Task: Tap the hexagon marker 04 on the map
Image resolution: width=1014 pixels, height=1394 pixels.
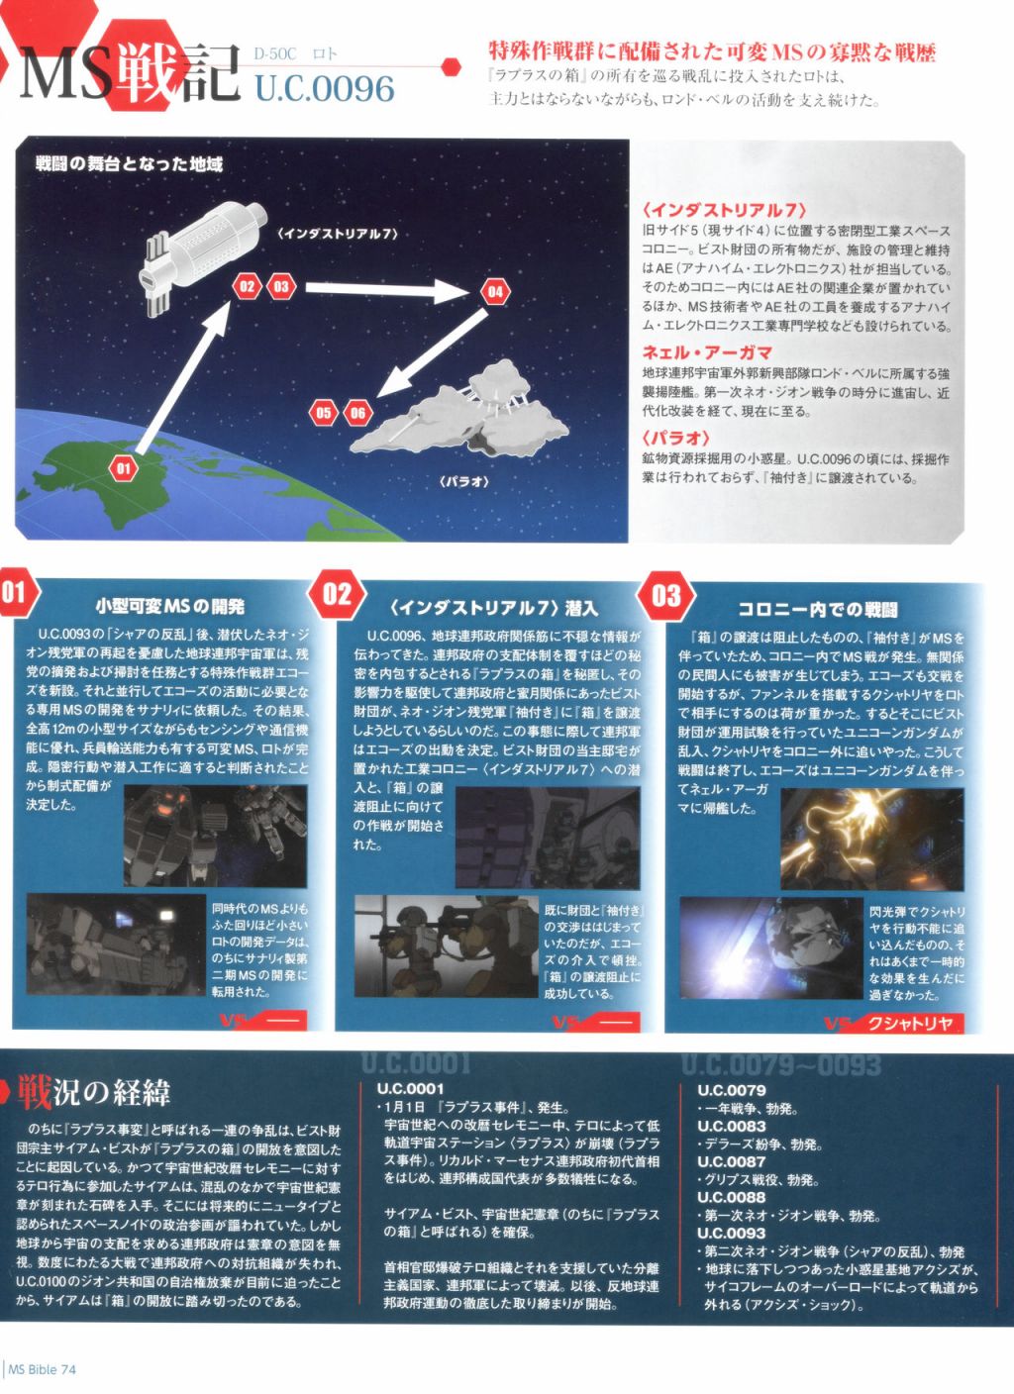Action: pos(495,292)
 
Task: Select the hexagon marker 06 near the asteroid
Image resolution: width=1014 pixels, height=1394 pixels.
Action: pos(357,413)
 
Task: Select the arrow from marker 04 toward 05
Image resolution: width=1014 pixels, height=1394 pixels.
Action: pos(432,352)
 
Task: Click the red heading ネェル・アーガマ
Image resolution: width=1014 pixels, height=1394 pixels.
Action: pos(707,352)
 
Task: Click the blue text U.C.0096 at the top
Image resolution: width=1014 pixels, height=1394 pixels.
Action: pos(325,88)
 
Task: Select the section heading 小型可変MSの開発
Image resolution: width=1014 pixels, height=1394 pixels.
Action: pos(170,606)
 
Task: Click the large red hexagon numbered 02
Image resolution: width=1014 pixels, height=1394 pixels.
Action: pos(338,594)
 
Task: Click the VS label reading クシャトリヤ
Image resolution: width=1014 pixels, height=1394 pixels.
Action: pos(910,1023)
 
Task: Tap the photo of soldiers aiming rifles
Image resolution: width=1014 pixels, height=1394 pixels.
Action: pos(447,946)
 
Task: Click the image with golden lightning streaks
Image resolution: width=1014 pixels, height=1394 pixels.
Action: pos(872,839)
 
